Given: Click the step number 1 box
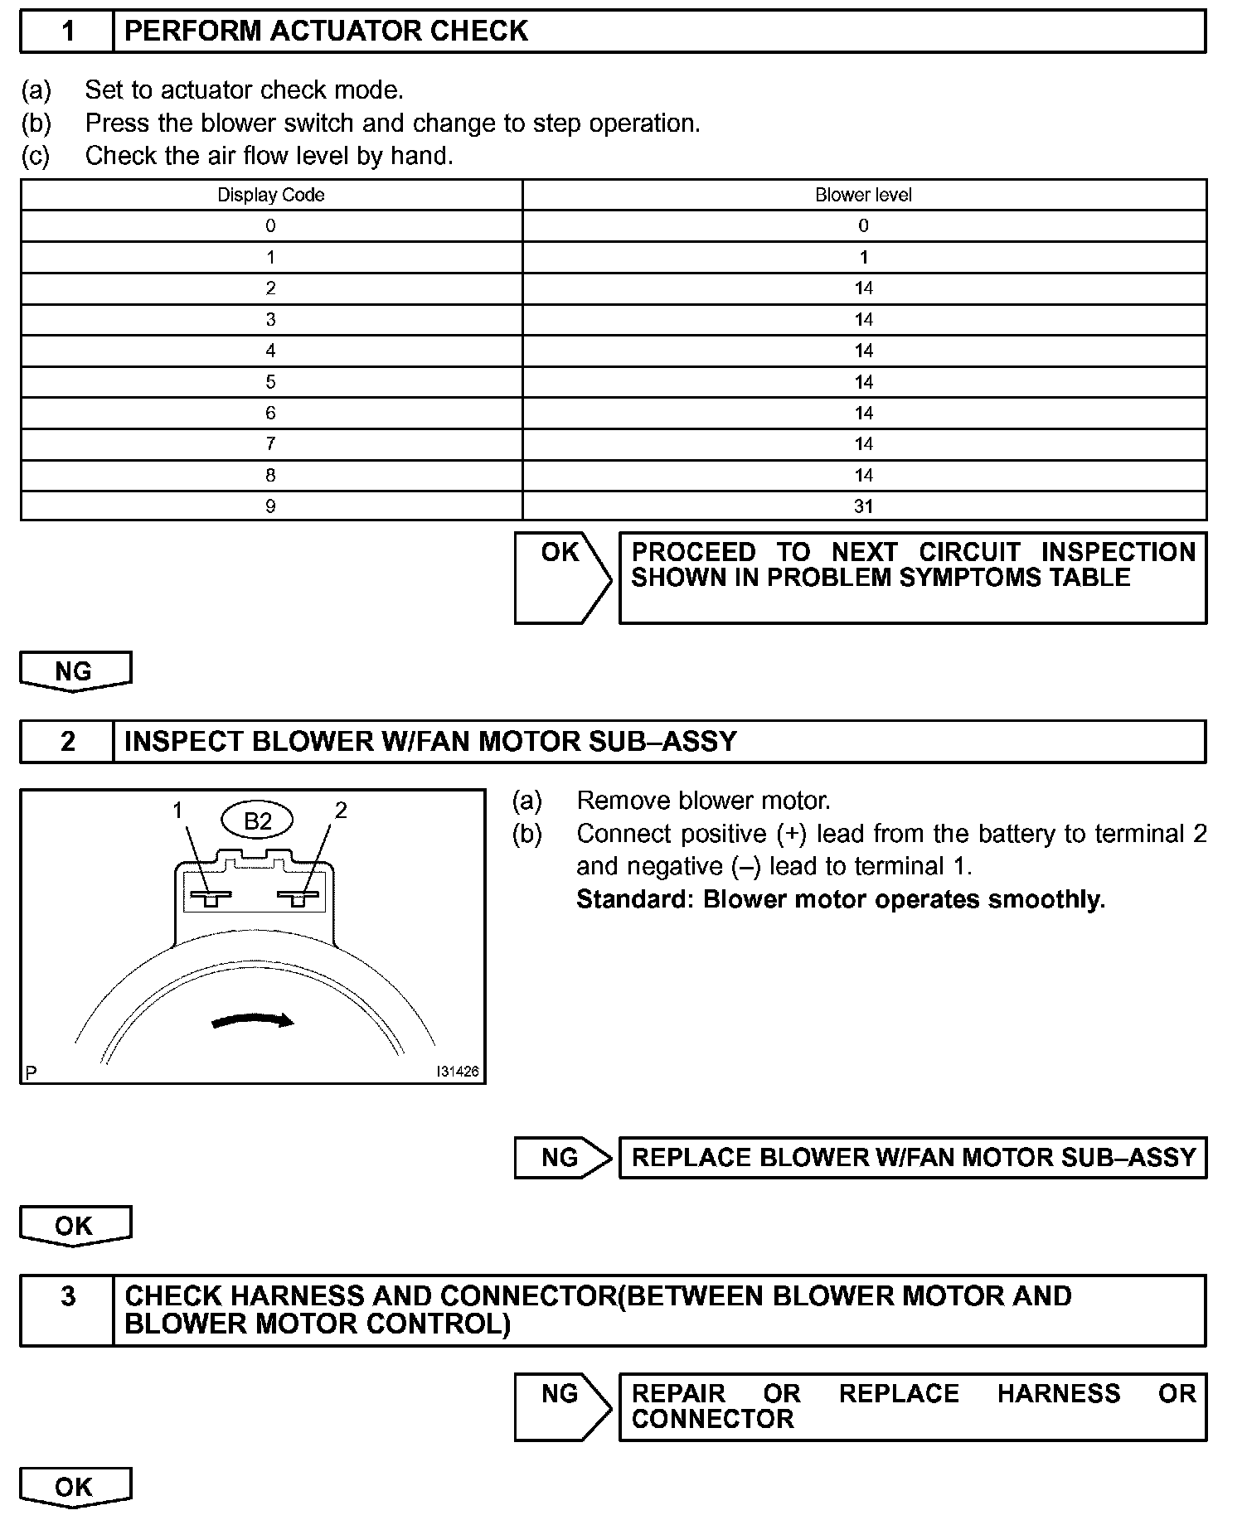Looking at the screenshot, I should click(67, 31).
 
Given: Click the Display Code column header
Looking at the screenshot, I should click(270, 195).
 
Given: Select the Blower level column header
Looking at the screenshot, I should click(863, 195).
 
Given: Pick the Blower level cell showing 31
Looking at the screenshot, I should click(863, 506).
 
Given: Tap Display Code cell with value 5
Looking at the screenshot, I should click(270, 382).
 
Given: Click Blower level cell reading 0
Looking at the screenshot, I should click(863, 225).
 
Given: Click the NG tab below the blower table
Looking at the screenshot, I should click(75, 671).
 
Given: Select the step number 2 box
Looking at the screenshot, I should click(67, 741).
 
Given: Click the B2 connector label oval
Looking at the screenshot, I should click(257, 821).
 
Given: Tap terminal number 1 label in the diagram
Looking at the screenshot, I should click(177, 810).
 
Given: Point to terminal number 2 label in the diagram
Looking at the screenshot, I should click(340, 810).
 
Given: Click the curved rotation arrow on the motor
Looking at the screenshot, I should click(253, 1020).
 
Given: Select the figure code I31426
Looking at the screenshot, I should click(457, 1071).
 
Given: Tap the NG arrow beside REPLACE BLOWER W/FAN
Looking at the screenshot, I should click(561, 1158).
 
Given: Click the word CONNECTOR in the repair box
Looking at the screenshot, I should click(712, 1419).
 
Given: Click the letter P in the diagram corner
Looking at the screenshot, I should click(31, 1073).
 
